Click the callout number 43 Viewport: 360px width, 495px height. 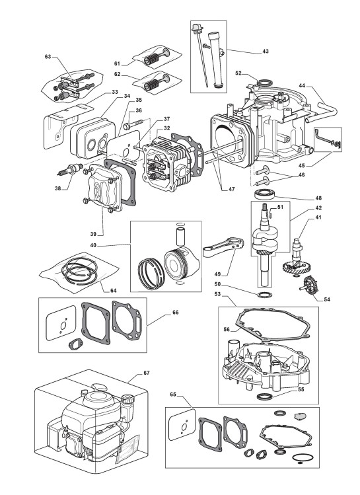[266, 51]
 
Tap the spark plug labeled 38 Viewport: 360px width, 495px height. [71, 169]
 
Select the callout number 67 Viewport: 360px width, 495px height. [147, 373]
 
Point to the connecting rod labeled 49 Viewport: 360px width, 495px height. [223, 248]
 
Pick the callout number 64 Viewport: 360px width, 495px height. [113, 290]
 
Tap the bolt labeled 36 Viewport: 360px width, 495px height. [134, 124]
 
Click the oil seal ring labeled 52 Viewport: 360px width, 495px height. [264, 83]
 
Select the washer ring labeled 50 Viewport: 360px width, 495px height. [264, 295]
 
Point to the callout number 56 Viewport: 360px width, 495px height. [227, 329]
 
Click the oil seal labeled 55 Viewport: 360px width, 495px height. [264, 396]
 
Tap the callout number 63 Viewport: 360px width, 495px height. [48, 57]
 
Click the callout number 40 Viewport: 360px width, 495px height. [93, 245]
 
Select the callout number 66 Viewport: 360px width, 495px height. [176, 313]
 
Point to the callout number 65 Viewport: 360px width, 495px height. [173, 395]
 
